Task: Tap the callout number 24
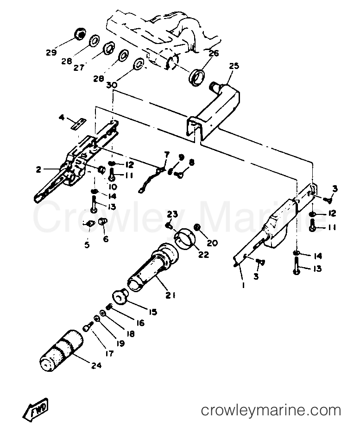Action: coord(96,365)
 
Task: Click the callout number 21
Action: coord(171,295)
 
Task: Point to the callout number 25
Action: coord(234,66)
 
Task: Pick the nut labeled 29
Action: coord(81,34)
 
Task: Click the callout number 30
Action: coord(112,85)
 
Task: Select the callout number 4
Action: coord(62,118)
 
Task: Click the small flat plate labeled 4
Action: coord(78,124)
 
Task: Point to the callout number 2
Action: coord(38,169)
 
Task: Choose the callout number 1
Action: coord(243,285)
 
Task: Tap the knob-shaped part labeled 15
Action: coord(120,296)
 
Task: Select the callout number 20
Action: coord(213,243)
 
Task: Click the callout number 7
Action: coord(167,154)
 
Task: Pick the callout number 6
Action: coord(106,238)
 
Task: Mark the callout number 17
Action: coord(109,353)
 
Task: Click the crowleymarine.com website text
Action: coord(271,410)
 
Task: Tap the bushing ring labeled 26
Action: coord(197,77)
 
